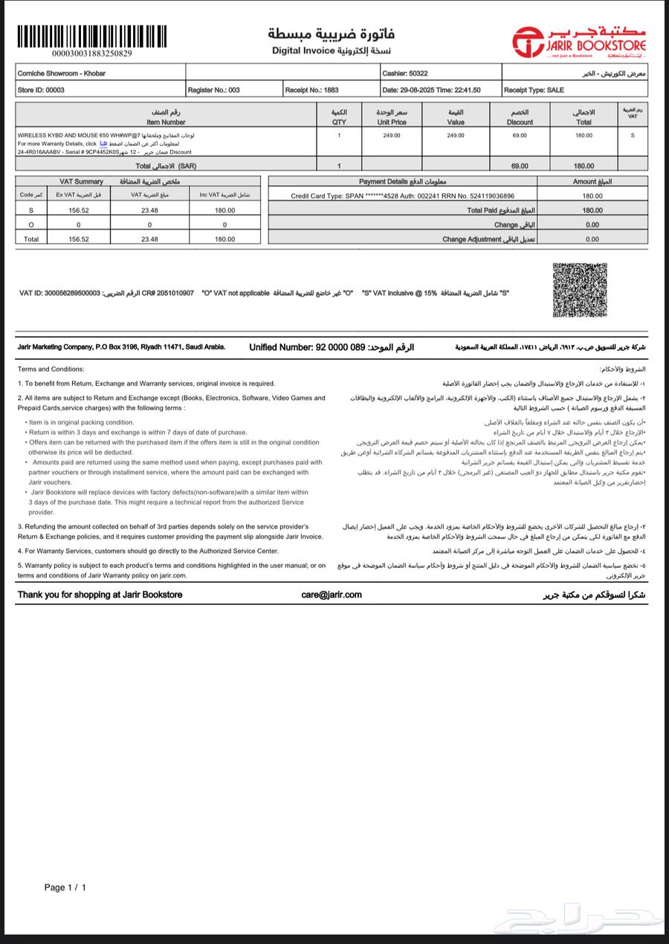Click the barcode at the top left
point(91,36)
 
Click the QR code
point(580,291)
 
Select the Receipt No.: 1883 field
point(312,90)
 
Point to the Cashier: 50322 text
point(405,74)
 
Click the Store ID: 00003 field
point(41,90)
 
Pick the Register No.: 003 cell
point(214,90)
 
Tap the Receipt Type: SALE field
point(534,90)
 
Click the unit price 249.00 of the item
point(392,135)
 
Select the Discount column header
point(520,117)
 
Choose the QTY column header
point(339,117)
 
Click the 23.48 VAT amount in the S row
point(149,210)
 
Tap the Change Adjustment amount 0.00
point(592,239)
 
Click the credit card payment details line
point(402,195)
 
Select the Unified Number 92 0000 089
point(332,347)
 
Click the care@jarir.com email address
point(332,595)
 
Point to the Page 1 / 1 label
point(65,888)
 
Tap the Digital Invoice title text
point(304,51)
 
